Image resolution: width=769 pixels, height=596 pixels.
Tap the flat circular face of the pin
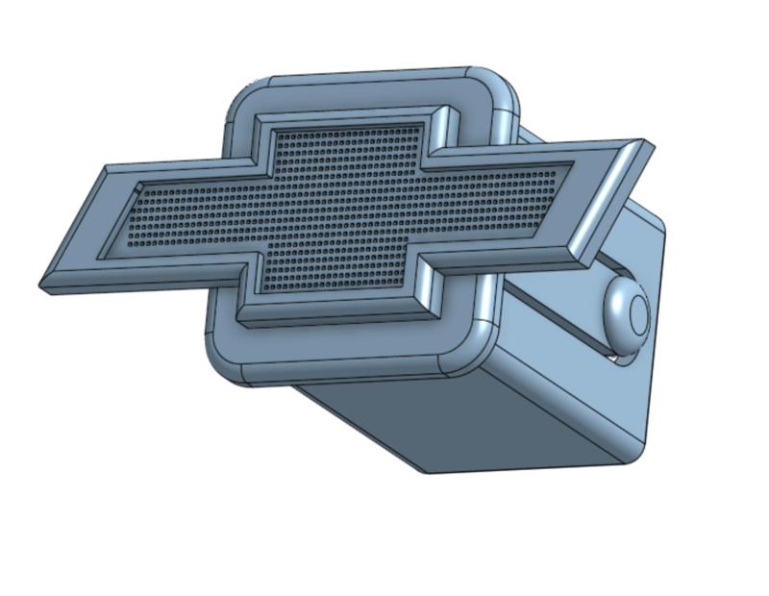point(636,312)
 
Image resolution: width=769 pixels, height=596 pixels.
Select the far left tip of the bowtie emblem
point(44,286)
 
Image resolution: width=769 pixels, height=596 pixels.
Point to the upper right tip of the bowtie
point(648,144)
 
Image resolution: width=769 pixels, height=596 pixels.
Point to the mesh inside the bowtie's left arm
point(183,221)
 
